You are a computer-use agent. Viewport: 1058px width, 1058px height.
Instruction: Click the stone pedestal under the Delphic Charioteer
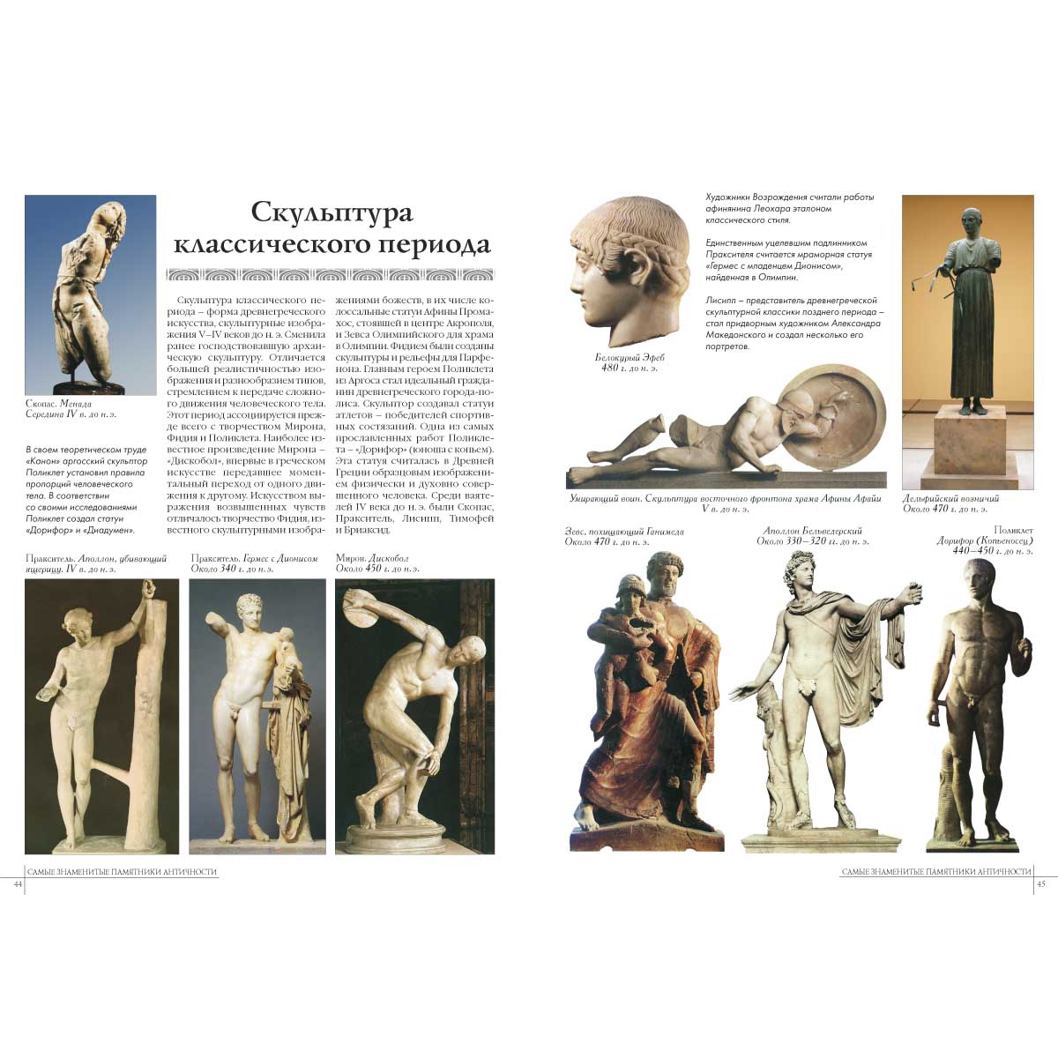(966, 450)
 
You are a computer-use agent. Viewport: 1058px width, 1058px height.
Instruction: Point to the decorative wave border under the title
(331, 273)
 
